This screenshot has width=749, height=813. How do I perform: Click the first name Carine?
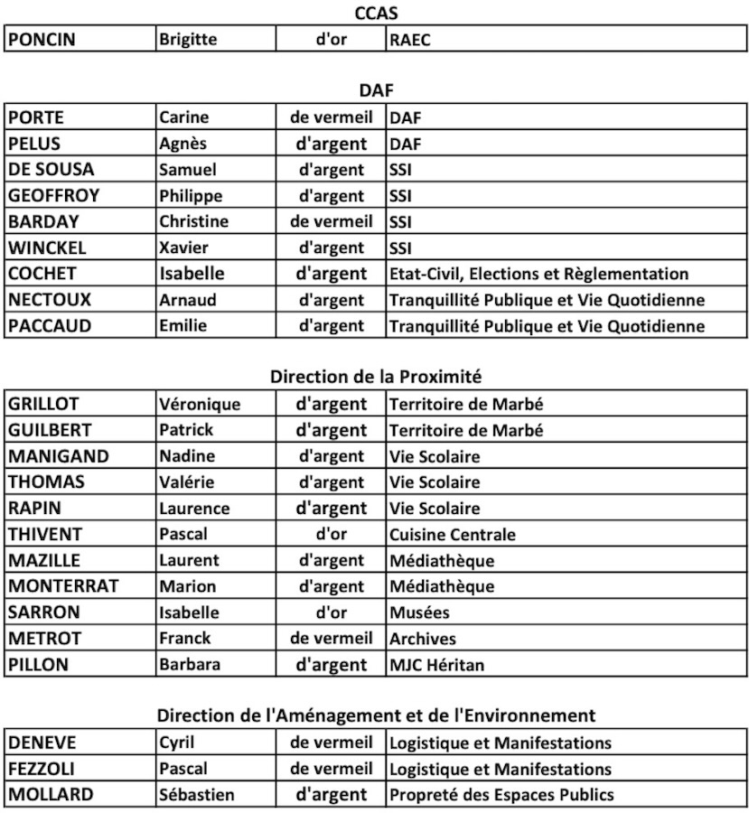tap(183, 117)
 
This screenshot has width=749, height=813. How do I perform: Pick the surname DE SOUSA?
tap(51, 170)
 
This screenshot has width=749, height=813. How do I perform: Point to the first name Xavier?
tap(183, 248)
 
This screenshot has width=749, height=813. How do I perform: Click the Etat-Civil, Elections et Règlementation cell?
tap(538, 274)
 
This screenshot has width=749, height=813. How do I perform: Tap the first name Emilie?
tap(183, 326)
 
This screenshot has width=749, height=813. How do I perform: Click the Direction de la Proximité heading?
tap(374, 377)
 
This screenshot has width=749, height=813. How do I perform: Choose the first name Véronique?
tap(200, 404)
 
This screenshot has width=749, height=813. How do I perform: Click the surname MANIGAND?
tap(59, 456)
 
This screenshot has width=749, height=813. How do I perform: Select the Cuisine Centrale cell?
tap(453, 535)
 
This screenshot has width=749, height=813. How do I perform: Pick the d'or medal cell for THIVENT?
tap(332, 534)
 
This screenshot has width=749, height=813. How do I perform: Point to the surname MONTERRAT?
tap(63, 586)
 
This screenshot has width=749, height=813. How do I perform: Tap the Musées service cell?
tap(419, 612)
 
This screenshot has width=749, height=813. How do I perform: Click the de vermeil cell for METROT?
tap(331, 639)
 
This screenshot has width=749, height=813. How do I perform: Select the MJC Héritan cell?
tap(436, 666)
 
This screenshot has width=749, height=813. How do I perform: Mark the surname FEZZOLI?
tap(44, 770)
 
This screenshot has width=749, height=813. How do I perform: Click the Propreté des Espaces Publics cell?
tap(501, 796)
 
